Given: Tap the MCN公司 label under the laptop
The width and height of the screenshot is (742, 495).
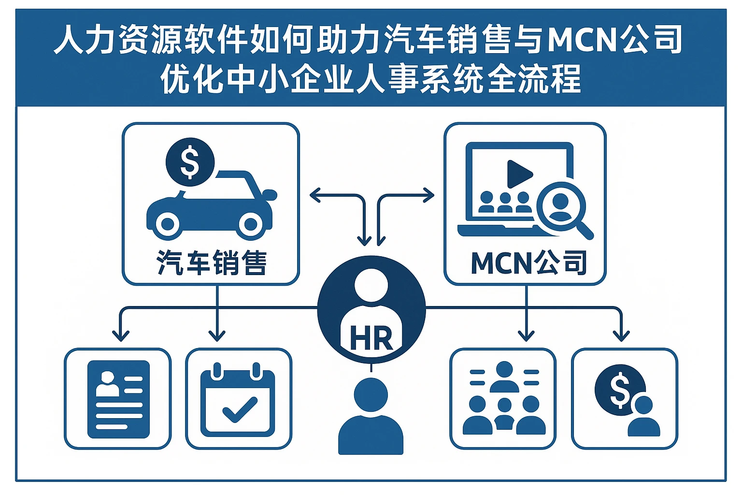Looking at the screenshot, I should pyautogui.click(x=528, y=263).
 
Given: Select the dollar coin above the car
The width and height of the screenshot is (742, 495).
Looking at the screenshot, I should pyautogui.click(x=190, y=162).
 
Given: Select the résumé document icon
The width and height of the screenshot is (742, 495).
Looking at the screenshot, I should pyautogui.click(x=118, y=399).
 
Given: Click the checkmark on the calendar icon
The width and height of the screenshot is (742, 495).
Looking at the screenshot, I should pyautogui.click(x=239, y=409).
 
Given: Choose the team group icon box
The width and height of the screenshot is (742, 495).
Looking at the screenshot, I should pyautogui.click(x=503, y=399).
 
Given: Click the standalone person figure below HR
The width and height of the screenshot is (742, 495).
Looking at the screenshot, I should pyautogui.click(x=371, y=416).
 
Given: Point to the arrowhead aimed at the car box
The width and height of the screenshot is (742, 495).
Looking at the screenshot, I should pyautogui.click(x=314, y=195).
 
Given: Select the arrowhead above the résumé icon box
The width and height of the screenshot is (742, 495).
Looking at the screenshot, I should pyautogui.click(x=120, y=335).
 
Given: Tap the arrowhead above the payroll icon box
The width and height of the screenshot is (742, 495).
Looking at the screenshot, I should pyautogui.click(x=621, y=335).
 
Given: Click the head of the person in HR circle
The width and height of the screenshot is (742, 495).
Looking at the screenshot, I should pyautogui.click(x=371, y=285).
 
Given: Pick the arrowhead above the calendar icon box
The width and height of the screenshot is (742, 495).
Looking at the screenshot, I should pyautogui.click(x=217, y=335).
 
